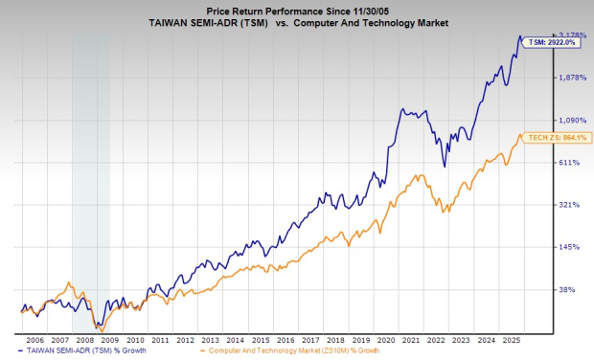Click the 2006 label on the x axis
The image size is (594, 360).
34,339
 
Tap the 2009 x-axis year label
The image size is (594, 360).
109,339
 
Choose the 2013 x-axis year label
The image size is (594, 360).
210,339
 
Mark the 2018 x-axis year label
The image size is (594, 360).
335,339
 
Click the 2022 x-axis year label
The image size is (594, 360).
436,339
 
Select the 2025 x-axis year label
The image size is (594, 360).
511,339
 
